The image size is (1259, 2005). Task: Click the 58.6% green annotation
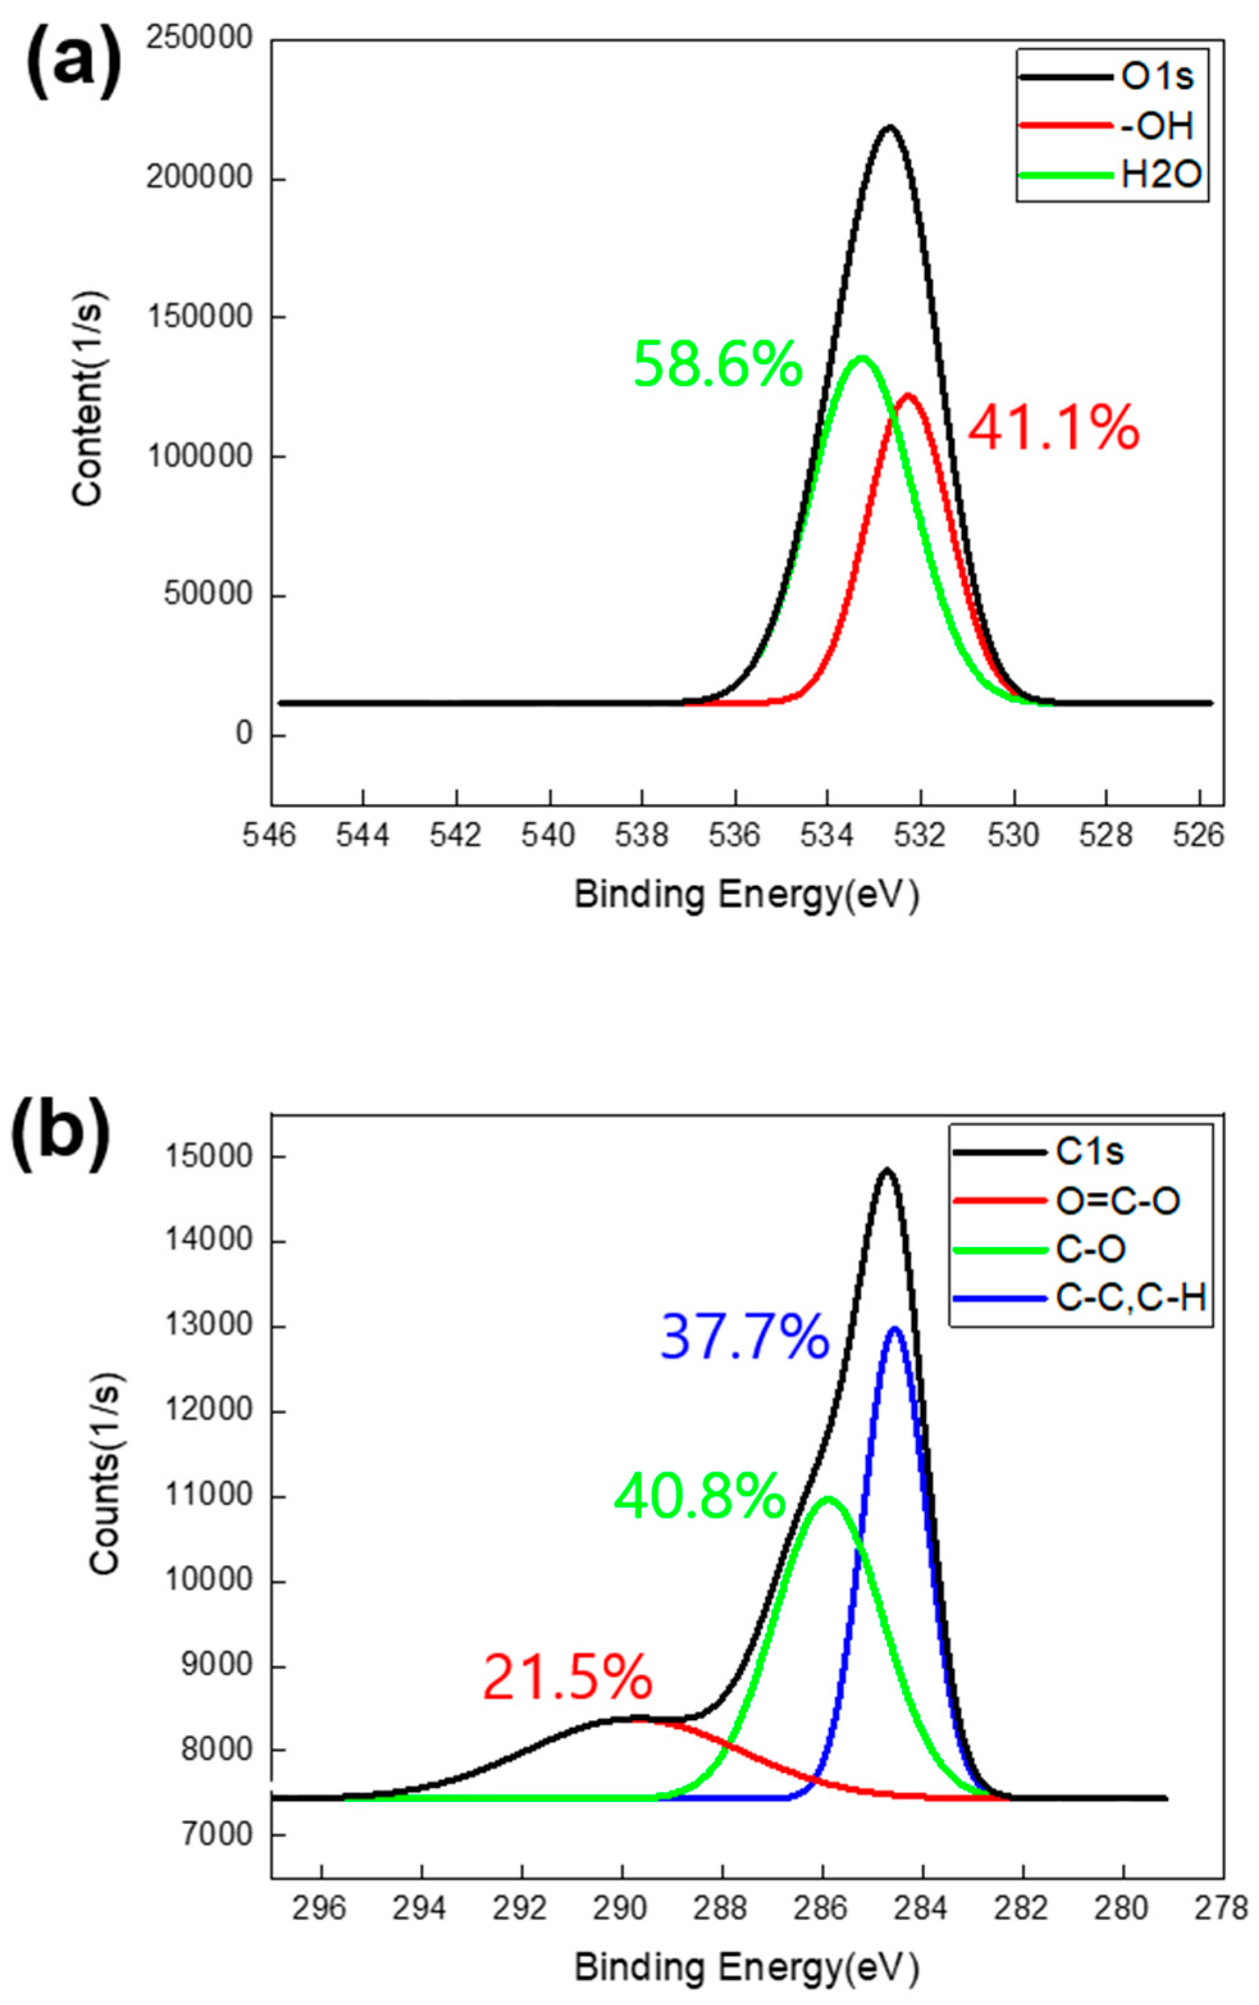click(x=718, y=365)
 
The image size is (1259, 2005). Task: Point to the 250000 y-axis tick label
click(x=199, y=38)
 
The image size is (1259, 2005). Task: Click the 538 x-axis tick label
click(x=642, y=834)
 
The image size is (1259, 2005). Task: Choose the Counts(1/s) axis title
click(x=106, y=1473)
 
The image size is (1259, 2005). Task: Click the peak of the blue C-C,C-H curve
click(x=895, y=1328)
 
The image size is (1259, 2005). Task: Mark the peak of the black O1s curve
click(x=889, y=127)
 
